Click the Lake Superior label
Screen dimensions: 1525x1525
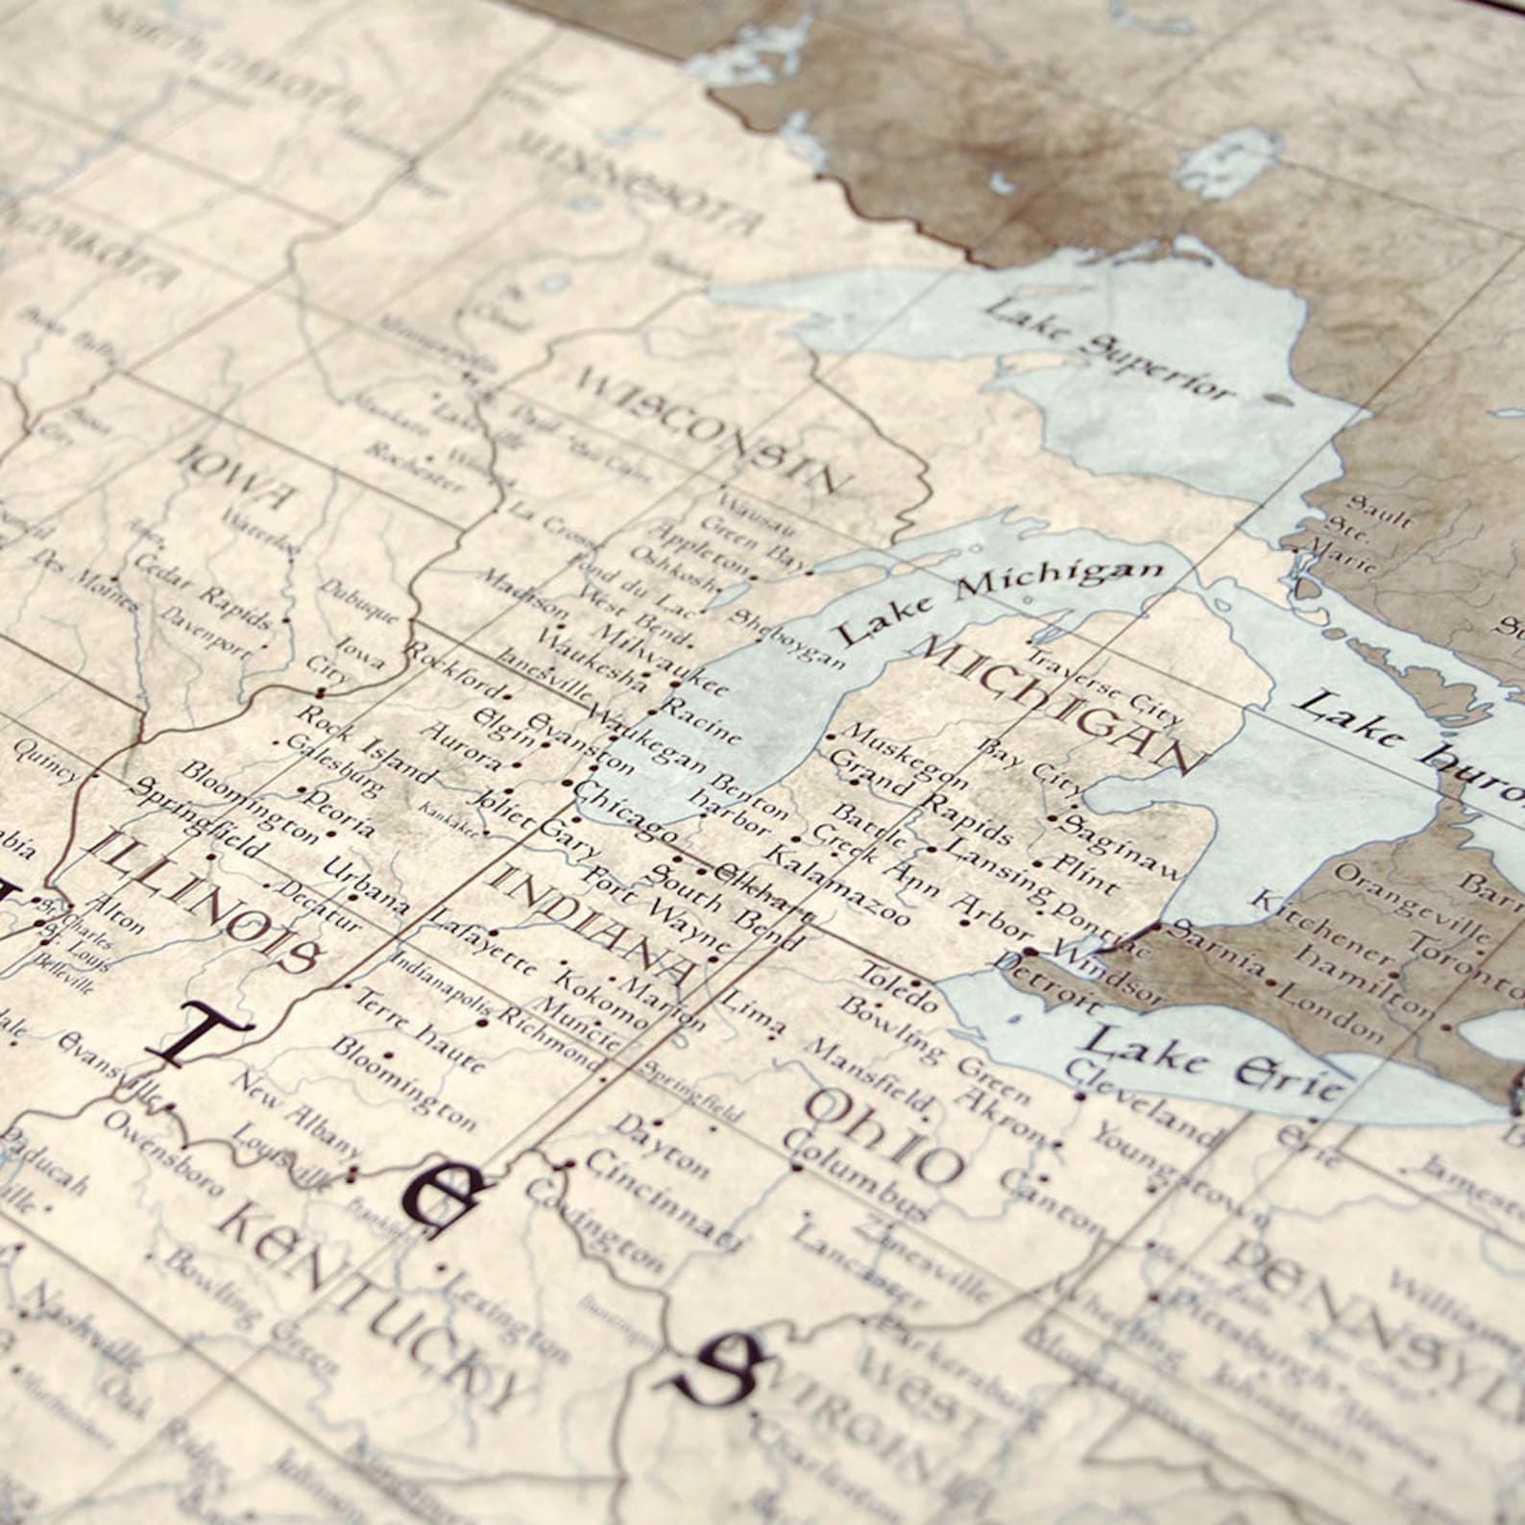click(1109, 351)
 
